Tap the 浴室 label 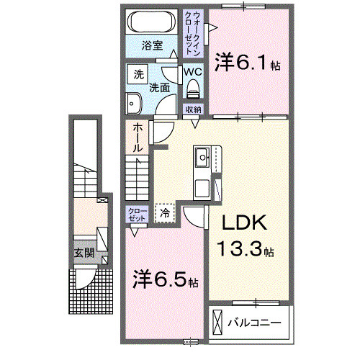152,45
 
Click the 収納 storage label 193,109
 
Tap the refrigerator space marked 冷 166,213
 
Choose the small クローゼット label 137,214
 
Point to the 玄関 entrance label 84,253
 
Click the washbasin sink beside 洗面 133,104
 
